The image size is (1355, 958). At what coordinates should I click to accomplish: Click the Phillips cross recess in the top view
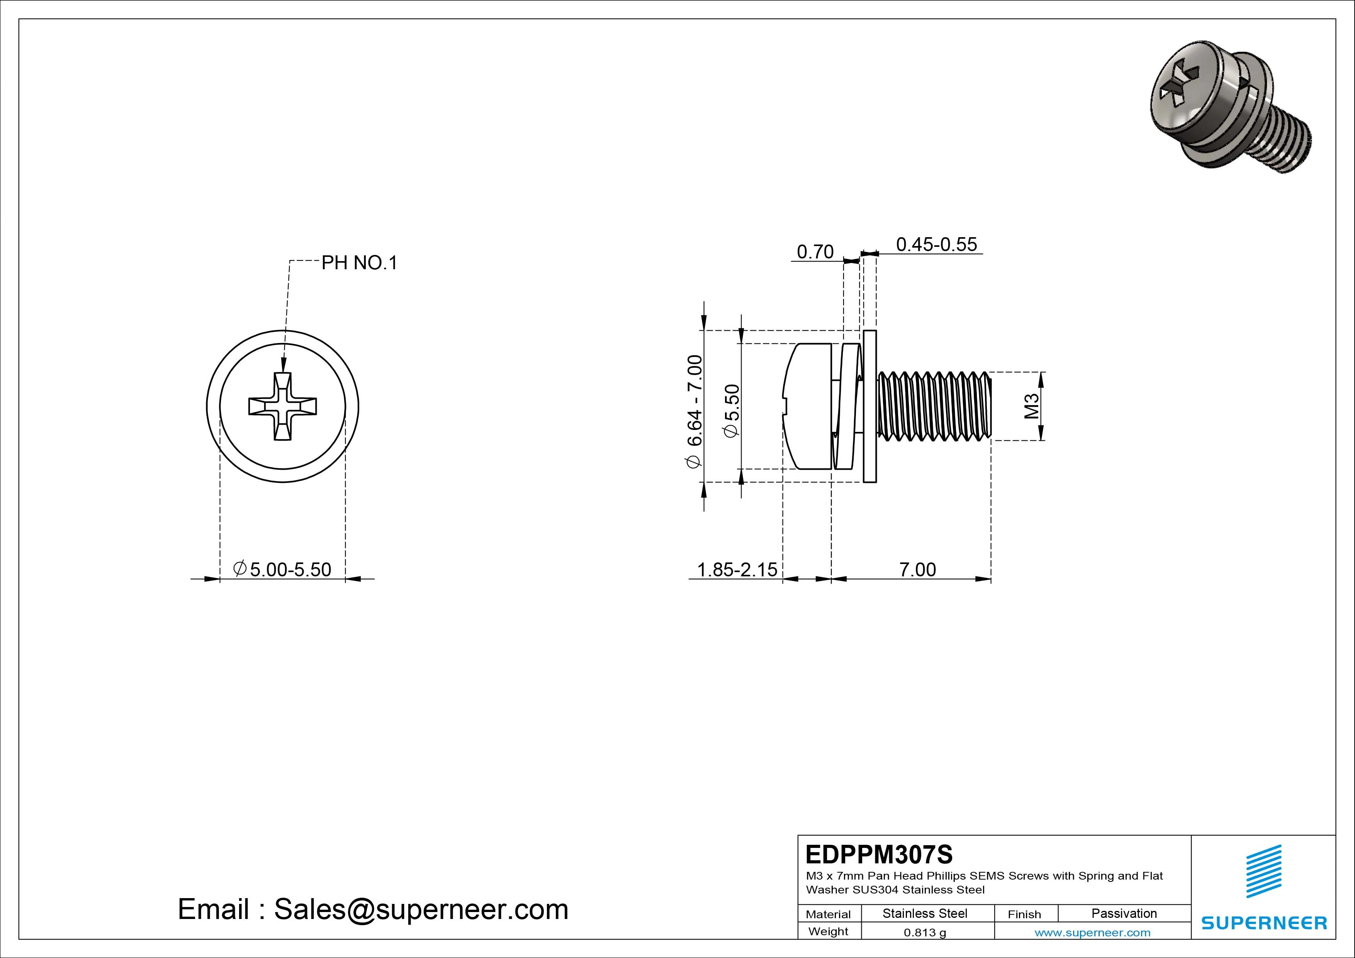coord(283,407)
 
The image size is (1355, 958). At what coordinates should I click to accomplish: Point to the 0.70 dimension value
coord(815,252)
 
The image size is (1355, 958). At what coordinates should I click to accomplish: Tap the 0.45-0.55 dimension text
coord(937,245)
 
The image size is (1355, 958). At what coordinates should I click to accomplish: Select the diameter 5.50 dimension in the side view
coord(732,411)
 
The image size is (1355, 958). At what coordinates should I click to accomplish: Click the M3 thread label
coord(1031,406)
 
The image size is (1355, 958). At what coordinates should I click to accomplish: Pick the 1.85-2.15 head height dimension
coord(737,570)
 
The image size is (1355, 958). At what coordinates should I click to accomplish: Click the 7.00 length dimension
coord(917,570)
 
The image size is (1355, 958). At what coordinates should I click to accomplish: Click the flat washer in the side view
coord(870,406)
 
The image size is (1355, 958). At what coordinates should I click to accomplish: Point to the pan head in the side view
coord(807,406)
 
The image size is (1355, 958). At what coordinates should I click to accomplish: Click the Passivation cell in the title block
coord(1124,913)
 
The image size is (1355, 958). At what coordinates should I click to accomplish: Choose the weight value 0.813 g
coord(925,933)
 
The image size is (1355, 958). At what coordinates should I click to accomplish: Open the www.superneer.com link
coord(1092,933)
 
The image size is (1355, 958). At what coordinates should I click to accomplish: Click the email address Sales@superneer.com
coord(421,909)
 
